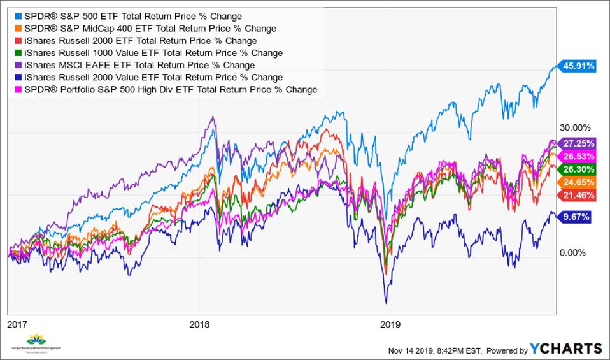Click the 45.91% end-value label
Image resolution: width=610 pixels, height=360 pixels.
tap(578, 65)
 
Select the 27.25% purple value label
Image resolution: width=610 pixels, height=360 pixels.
tap(578, 144)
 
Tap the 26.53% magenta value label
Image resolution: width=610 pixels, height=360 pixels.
tap(578, 157)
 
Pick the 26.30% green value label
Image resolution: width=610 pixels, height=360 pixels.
tap(578, 169)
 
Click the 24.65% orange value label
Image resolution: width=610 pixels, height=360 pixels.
tap(578, 182)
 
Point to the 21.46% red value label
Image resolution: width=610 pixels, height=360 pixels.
tap(578, 195)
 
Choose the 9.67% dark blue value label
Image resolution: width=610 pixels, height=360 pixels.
tap(576, 217)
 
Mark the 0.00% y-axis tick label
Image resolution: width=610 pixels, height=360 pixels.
tap(572, 253)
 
